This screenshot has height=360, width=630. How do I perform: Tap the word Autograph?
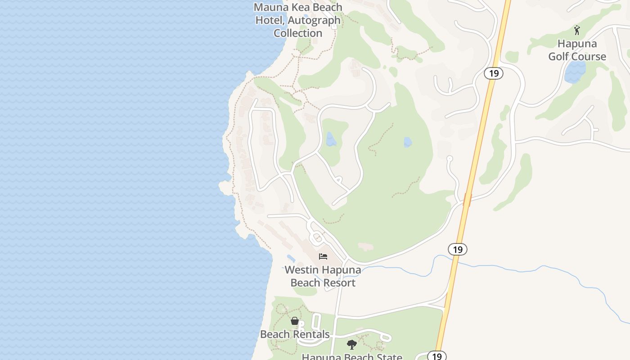[x=314, y=20]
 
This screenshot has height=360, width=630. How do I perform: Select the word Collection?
[x=298, y=33]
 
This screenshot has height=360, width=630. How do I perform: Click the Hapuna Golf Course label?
[x=577, y=50]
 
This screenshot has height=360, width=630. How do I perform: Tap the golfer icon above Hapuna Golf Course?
[x=577, y=30]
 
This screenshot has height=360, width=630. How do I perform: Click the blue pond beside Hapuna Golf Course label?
[x=575, y=72]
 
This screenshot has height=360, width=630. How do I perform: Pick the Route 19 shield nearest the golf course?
[x=494, y=73]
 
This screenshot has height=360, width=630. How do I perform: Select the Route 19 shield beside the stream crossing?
[x=458, y=249]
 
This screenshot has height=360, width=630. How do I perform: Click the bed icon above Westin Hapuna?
[x=323, y=256]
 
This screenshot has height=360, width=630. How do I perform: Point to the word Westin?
[x=301, y=270]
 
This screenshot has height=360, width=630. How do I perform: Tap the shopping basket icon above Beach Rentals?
[x=295, y=321]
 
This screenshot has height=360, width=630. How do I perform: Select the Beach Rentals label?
[x=295, y=334]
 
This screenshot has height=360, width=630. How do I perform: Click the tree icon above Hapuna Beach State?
[x=352, y=345]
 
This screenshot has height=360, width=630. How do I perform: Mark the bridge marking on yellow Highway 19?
[x=467, y=199]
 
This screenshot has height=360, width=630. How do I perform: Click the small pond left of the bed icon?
[x=291, y=259]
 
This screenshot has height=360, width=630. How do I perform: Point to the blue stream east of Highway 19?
[x=540, y=269]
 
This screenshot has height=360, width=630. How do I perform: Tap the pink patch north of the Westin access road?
[x=365, y=247]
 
